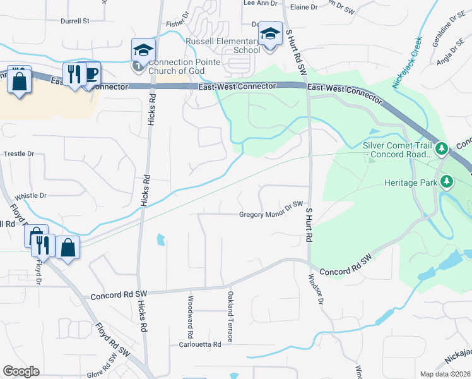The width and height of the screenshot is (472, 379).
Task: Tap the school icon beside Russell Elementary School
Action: (x=271, y=35)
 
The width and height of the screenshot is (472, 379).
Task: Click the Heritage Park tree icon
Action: (x=447, y=183)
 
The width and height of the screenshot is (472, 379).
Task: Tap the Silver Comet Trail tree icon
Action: (x=442, y=149)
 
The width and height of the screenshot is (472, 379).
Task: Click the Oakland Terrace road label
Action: (x=231, y=316)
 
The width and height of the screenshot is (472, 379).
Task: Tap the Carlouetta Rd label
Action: (x=200, y=345)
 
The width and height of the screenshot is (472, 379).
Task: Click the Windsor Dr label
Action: (x=316, y=289)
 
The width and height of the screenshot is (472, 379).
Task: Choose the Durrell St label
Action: (x=74, y=21)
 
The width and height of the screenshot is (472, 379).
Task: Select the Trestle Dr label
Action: (x=19, y=153)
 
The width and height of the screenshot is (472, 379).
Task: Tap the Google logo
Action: (x=21, y=371)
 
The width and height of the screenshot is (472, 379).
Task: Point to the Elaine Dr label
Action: (x=305, y=7)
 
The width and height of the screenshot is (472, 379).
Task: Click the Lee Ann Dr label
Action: (x=260, y=3)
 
